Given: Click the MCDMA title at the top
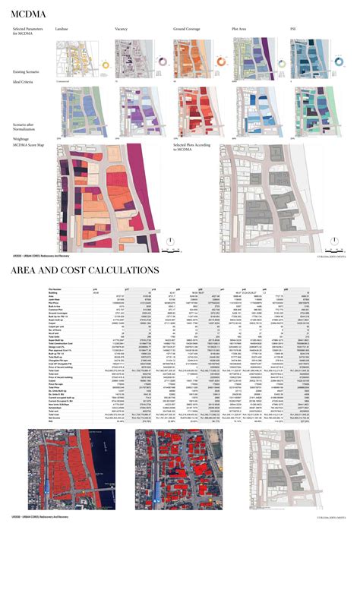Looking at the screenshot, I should pyautogui.click(x=30, y=12).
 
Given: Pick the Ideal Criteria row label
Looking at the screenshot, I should pyautogui.click(x=23, y=80).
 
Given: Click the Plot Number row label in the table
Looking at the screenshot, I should pyautogui.click(x=55, y=289).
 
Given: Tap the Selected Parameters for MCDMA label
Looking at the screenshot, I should pyautogui.click(x=29, y=31).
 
